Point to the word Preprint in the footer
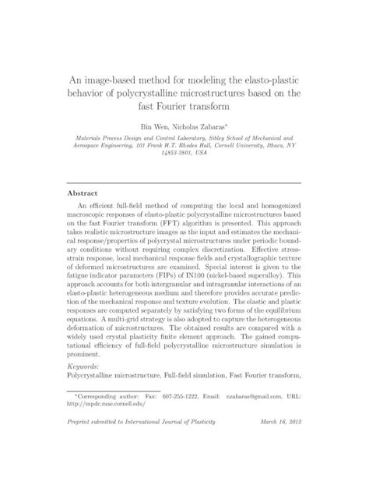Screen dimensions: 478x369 click(80, 444)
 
